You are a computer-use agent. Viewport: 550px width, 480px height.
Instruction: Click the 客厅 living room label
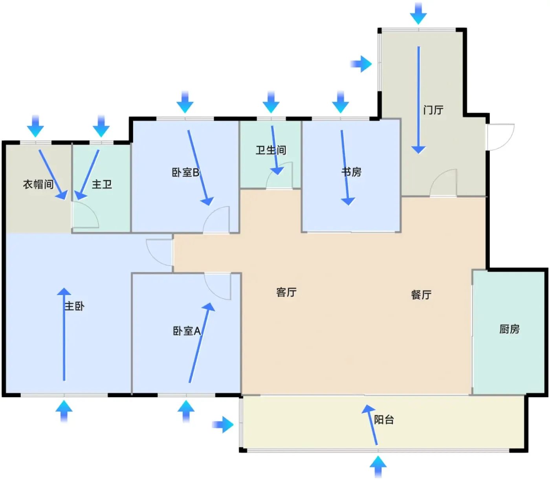click(286, 292)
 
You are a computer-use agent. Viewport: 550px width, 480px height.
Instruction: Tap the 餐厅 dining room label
click(421, 295)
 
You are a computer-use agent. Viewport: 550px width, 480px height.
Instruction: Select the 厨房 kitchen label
click(509, 329)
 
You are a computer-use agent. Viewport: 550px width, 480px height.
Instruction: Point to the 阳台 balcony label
click(384, 420)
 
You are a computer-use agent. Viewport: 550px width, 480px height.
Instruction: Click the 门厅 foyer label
click(433, 110)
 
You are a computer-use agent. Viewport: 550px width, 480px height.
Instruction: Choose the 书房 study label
click(351, 172)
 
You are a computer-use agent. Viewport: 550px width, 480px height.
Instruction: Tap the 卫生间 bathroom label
click(271, 150)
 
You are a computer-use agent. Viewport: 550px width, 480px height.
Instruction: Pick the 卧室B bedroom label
click(185, 172)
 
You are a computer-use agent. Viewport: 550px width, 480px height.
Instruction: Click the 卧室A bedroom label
click(187, 331)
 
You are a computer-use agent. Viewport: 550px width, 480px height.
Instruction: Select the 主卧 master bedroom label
click(74, 306)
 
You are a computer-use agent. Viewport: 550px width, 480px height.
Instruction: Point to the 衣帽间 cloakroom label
click(38, 184)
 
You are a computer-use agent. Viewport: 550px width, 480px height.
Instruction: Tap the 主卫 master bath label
click(102, 184)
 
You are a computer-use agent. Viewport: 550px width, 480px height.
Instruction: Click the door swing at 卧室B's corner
click(216, 220)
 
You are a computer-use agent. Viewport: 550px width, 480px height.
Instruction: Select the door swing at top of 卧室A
click(217, 286)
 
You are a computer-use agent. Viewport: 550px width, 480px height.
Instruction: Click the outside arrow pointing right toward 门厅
click(361, 64)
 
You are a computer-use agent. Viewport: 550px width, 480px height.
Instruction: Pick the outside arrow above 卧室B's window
click(185, 102)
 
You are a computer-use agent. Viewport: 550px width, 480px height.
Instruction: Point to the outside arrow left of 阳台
click(223, 425)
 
